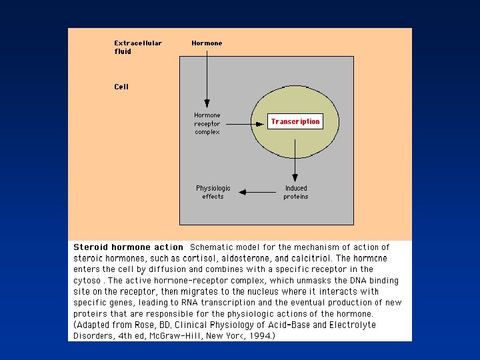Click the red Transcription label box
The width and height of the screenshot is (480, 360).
tap(295, 121)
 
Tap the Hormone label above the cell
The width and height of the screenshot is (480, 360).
tap(207, 43)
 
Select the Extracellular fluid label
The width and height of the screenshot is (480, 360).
tap(137, 47)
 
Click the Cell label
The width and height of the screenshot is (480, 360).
tap(121, 87)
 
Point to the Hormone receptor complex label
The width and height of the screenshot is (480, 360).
tap(207, 123)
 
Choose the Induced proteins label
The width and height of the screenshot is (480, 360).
tap(296, 192)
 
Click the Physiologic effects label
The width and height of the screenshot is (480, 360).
tap(213, 192)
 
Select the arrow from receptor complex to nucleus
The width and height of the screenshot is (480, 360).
tap(243, 124)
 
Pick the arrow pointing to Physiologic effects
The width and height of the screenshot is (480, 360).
tap(257, 192)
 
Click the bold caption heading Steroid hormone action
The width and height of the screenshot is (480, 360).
tap(127, 247)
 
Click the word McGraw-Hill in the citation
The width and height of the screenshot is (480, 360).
tap(177, 335)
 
